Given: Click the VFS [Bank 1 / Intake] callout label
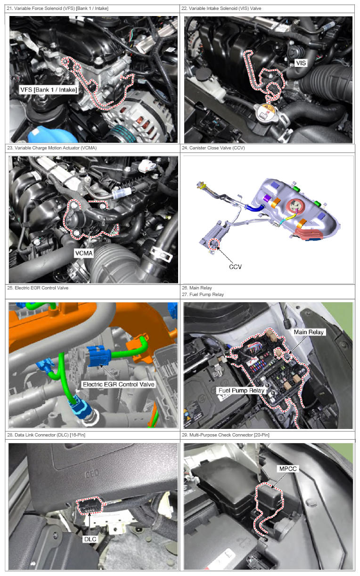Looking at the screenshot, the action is (49, 90).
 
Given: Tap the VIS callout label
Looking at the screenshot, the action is (301, 63).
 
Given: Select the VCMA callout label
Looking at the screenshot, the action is (83, 253).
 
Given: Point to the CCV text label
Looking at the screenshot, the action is (235, 267).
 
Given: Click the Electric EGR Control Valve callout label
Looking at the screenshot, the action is (119, 384).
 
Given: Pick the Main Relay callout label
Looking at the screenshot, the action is (309, 332).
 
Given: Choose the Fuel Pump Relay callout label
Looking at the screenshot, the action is (241, 390).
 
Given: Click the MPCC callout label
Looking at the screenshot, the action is (288, 469).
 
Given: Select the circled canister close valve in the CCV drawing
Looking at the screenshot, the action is (214, 244).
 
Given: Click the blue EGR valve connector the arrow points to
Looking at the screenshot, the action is (99, 356).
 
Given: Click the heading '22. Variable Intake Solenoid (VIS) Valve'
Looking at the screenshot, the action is (221, 8).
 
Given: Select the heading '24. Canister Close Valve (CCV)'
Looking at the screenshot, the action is (213, 148).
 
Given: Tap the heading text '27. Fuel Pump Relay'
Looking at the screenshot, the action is (203, 295).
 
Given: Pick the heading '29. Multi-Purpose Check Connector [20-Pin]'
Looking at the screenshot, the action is (226, 435).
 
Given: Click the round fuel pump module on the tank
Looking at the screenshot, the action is (295, 206).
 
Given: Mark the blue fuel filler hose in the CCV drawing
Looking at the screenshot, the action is (255, 207).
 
